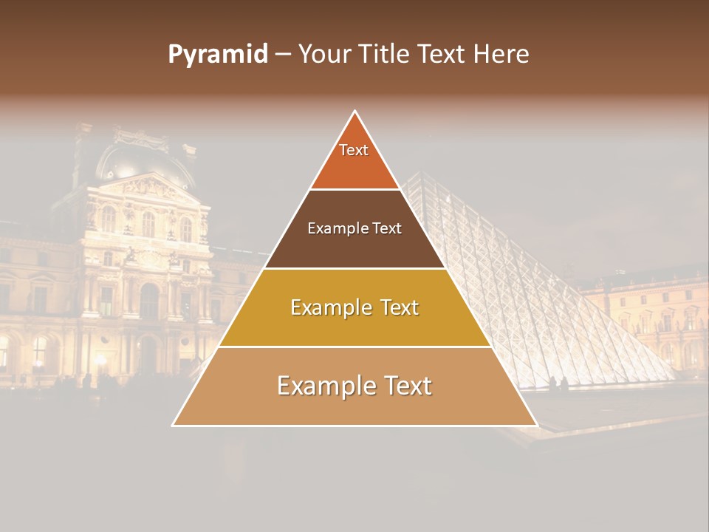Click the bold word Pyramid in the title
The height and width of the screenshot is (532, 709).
(218, 55)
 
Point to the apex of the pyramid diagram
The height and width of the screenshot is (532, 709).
(355, 111)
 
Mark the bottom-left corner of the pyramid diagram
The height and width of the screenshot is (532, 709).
(173, 426)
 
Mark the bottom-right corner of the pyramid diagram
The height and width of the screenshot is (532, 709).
(537, 426)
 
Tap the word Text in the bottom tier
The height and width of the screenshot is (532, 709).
(406, 386)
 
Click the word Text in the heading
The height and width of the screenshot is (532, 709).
(442, 55)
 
